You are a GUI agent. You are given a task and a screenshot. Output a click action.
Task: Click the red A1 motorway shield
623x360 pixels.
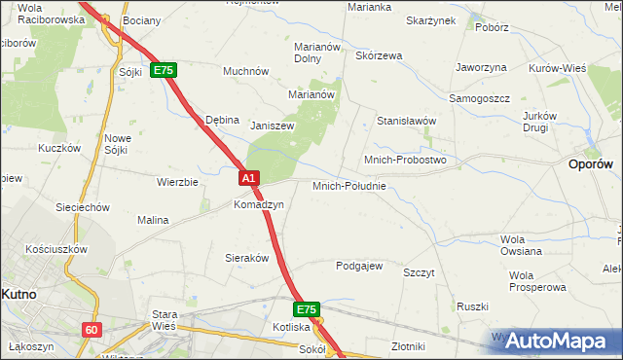(x=249, y=178)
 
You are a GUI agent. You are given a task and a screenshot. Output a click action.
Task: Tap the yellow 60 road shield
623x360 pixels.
(x=92, y=330)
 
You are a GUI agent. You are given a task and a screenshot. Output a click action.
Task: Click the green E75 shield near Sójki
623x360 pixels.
(x=163, y=71)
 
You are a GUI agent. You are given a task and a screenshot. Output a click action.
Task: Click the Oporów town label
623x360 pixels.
(x=590, y=165)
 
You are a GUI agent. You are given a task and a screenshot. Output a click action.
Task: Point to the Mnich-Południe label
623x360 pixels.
(x=349, y=185)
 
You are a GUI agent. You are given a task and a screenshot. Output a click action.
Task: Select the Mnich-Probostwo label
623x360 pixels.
(x=404, y=159)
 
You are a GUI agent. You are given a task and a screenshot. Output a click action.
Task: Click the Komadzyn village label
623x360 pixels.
(x=258, y=204)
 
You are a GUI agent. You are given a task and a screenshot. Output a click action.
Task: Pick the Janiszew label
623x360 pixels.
(x=273, y=126)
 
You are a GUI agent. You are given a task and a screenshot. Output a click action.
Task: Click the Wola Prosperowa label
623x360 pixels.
(x=537, y=280)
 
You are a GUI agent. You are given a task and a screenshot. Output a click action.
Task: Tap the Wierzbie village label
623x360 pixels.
(x=177, y=182)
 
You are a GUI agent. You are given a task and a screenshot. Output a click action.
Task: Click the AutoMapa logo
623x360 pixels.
(x=559, y=341)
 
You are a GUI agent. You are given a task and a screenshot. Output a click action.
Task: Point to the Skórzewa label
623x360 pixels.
(x=379, y=55)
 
